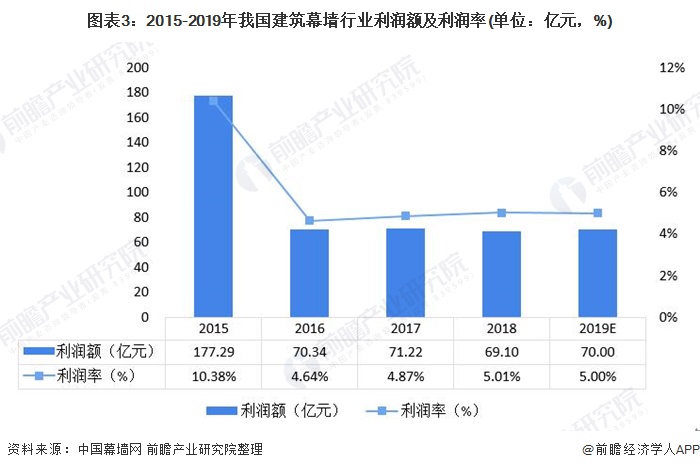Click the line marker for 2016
click(309, 221)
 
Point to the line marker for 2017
click(405, 216)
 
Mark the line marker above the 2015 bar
click(213, 101)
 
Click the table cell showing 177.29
click(213, 351)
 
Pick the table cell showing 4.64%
click(309, 375)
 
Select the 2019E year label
click(597, 328)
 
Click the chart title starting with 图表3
click(350, 20)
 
